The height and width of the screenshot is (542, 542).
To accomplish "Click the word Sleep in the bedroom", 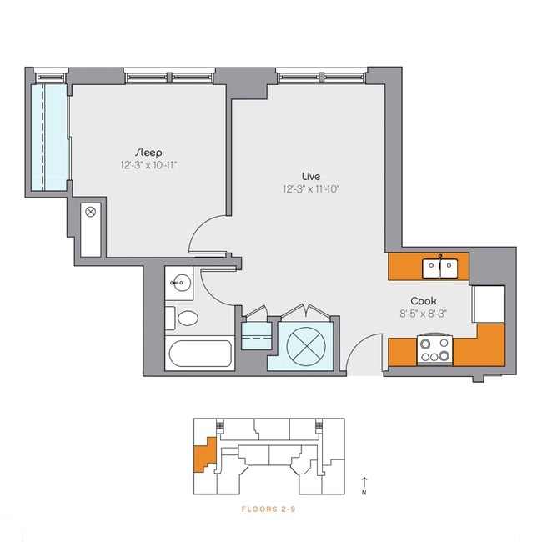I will point(148,153).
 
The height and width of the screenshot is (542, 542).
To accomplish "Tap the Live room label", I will point(311,176).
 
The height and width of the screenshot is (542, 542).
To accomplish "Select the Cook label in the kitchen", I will point(424,301).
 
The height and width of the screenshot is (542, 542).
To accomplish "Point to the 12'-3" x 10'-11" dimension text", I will point(148,166).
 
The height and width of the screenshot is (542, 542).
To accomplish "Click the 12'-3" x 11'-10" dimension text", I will point(311,189).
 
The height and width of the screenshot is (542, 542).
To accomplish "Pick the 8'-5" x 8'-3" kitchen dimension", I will point(424,314).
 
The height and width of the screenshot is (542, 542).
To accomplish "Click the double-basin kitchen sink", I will point(439,268).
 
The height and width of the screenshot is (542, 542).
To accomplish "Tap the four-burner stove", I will point(434,349).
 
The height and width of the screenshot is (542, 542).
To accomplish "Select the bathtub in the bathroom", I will point(200,354).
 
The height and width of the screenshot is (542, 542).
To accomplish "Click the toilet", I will point(185,318).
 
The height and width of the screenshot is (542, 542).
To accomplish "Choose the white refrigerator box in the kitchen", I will point(489,304).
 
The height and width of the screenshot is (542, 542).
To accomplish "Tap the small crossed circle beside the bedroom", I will point(91,213).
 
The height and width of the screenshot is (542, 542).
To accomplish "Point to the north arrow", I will point(364,483).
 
